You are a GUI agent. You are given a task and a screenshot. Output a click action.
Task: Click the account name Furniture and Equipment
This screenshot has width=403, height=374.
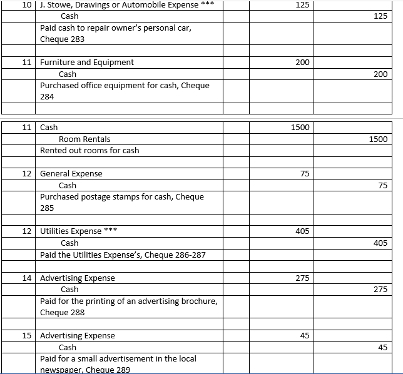coord(87,62)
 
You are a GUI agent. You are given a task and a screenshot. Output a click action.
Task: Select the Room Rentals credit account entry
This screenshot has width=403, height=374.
coord(84,139)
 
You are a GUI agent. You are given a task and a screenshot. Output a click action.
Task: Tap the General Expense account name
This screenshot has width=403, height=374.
coord(71,173)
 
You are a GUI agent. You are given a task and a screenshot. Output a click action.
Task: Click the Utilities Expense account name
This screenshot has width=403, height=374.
coord(71,231)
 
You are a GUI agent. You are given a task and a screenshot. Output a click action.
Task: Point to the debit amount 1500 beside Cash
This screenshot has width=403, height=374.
coord(300,127)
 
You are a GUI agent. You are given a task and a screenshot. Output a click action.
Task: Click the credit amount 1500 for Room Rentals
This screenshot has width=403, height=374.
coord(378,139)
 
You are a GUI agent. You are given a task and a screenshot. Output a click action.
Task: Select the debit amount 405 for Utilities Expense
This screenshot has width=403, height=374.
coord(302,231)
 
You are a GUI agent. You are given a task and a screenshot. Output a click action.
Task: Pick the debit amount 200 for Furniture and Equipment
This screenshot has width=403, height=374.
coord(302,62)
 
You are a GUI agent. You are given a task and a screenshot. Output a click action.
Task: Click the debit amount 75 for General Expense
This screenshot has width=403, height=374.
coord(305,173)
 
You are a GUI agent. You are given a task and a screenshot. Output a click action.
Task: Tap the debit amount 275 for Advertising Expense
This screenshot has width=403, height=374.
coord(302,278)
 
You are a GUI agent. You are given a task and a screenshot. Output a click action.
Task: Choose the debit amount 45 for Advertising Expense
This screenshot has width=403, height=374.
coord(305,335)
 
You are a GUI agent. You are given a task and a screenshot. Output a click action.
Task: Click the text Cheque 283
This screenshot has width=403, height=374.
coord(62,39)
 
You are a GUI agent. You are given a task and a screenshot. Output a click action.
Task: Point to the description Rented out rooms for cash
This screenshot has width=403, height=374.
coord(89,150)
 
